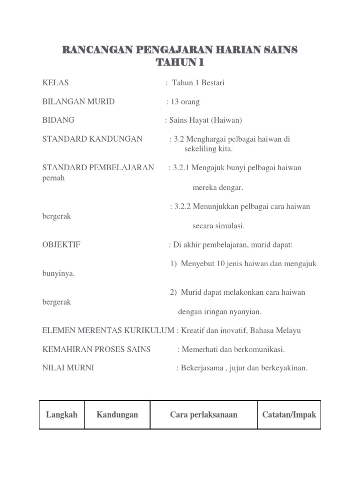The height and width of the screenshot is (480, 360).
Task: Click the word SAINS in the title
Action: [x=277, y=50]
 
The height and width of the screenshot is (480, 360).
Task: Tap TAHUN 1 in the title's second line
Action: [x=180, y=63]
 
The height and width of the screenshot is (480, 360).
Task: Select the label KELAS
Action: [x=56, y=83]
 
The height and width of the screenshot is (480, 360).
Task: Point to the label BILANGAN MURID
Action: [x=78, y=102]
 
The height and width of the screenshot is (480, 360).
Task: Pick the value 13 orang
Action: [x=185, y=102]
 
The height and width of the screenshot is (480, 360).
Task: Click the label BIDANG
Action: [x=58, y=120]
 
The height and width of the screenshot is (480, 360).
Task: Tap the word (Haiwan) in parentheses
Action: [x=226, y=120]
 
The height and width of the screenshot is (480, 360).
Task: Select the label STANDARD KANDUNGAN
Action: [x=92, y=139]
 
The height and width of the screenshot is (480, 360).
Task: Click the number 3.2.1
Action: [x=182, y=168]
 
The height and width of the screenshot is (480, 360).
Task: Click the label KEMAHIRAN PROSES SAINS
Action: [x=96, y=349]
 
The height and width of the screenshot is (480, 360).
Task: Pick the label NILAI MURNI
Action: [x=68, y=368]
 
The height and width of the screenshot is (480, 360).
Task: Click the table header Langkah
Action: [x=62, y=415]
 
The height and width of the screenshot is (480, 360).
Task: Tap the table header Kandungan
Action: [x=117, y=415]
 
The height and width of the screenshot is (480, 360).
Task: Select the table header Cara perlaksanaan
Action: [x=203, y=415]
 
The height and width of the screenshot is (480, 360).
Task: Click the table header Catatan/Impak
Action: [x=289, y=415]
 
